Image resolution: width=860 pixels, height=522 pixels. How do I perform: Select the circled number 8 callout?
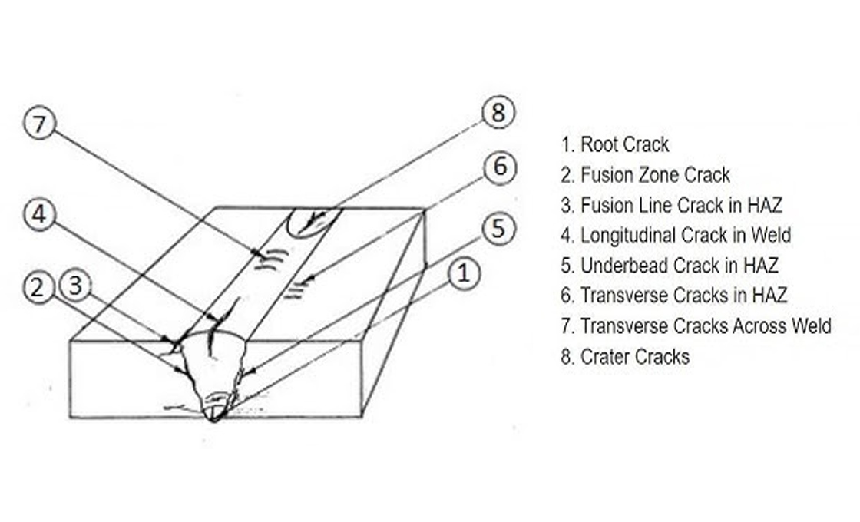(x=498, y=113)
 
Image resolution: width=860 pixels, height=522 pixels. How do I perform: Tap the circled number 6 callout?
(x=500, y=167)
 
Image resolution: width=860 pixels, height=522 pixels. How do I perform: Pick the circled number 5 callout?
(x=498, y=228)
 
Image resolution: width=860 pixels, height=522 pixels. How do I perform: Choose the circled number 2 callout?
(x=38, y=288)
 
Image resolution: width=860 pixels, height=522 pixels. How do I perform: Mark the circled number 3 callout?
(x=74, y=286)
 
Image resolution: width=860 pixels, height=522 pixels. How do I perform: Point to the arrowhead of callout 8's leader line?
(x=307, y=227)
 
